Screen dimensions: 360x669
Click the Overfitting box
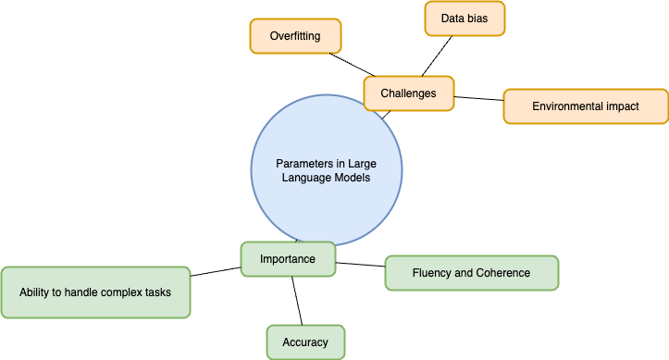(x=295, y=36)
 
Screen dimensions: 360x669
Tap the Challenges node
(x=408, y=93)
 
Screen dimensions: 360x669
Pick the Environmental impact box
(x=585, y=106)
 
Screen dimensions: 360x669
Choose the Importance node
(x=287, y=259)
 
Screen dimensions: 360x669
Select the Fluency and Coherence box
(x=471, y=273)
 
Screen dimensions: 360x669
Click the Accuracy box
(x=305, y=341)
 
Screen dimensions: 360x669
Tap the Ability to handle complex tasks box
(x=95, y=292)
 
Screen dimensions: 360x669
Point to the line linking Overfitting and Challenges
(x=353, y=64)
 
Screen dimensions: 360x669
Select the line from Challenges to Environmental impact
(x=478, y=98)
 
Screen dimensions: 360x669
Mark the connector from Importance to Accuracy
(x=297, y=300)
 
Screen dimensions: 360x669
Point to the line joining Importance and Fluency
(x=360, y=265)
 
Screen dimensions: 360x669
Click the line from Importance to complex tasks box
(x=216, y=270)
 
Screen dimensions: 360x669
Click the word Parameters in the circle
(x=302, y=163)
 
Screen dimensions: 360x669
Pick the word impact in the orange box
(x=622, y=106)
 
